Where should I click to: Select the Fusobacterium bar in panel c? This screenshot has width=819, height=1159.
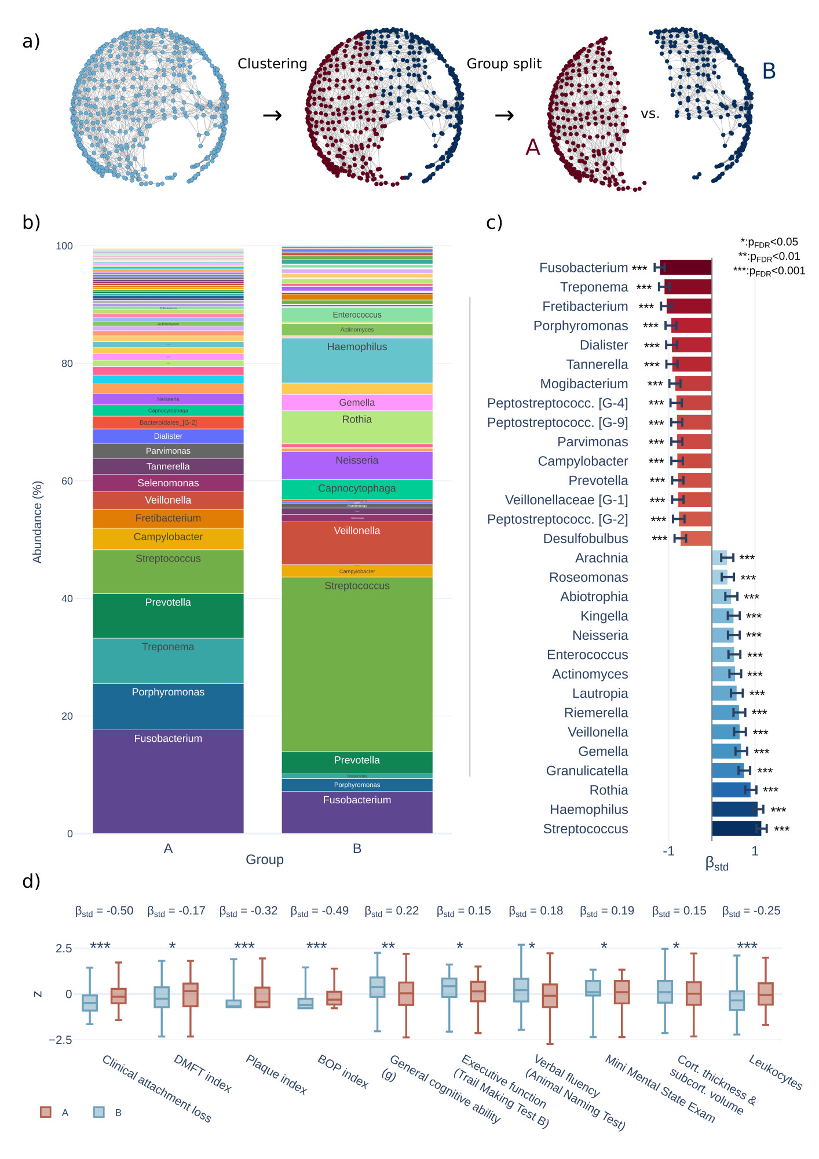tap(686, 268)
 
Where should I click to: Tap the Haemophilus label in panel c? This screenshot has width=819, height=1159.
tap(588, 810)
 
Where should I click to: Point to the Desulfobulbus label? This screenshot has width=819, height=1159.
tap(585, 539)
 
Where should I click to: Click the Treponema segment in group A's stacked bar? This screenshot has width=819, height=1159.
tap(168, 660)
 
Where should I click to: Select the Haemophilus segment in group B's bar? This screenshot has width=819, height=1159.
tap(357, 360)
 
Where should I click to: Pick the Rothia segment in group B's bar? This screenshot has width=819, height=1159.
tap(357, 427)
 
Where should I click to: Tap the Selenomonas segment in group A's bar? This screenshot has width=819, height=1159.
tap(168, 483)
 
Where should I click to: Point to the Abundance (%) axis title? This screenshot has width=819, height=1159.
tap(38, 522)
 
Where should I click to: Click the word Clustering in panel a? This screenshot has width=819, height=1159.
tap(272, 64)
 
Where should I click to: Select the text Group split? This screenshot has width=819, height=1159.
tap(504, 64)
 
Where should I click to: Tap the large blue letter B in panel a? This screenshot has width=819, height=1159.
tap(769, 71)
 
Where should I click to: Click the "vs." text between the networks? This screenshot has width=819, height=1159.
tap(650, 114)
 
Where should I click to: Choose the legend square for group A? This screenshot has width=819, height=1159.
tap(46, 1112)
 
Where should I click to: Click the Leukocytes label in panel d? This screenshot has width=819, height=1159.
tap(775, 1072)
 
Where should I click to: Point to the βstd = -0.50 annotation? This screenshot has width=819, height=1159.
tap(104, 911)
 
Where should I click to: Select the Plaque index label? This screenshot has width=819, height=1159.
tap(276, 1074)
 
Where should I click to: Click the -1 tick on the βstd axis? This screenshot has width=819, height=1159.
tap(668, 851)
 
